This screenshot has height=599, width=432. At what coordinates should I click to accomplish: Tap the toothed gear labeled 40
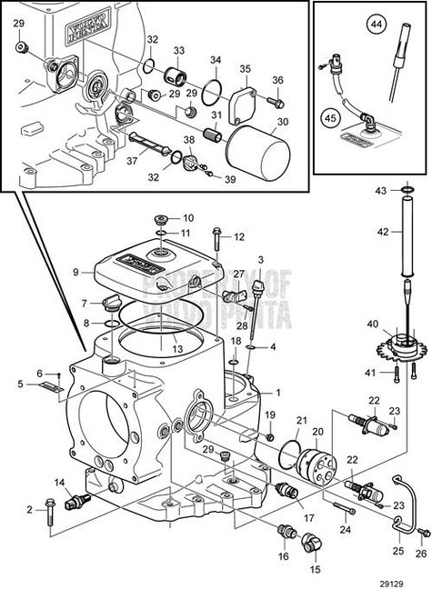[x=402, y=350]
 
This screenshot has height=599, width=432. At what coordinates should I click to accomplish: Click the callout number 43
[x=383, y=189]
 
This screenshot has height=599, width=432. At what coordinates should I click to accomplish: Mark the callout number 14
[x=60, y=482]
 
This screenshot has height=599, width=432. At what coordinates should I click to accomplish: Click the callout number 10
[x=188, y=218]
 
